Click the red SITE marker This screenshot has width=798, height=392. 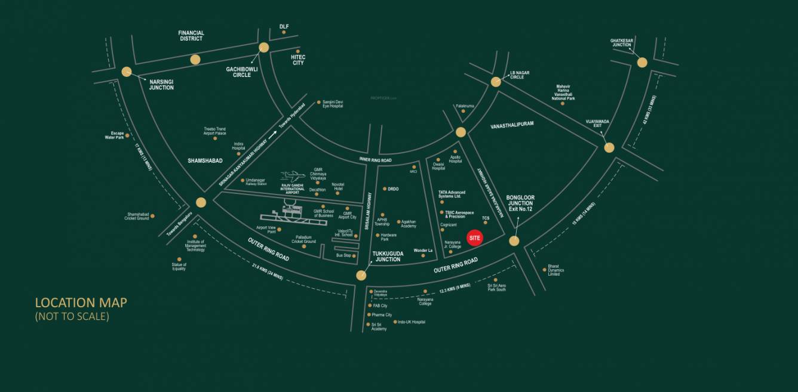(x=475, y=237)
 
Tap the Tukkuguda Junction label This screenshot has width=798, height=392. (x=386, y=256)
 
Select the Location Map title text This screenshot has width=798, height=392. (x=81, y=303)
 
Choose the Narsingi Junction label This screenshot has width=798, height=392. (x=161, y=84)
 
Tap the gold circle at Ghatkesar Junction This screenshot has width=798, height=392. (x=642, y=62)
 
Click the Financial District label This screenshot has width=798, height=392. (x=191, y=36)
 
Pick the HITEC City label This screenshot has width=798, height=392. (x=297, y=60)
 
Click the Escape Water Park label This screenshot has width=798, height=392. (x=113, y=135)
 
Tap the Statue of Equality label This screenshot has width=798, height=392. (x=179, y=266)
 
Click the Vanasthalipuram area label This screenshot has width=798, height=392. (x=511, y=125)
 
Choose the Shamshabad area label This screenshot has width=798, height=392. (x=205, y=160)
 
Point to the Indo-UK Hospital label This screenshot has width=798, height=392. (x=412, y=322)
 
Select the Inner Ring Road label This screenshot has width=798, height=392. (x=375, y=160)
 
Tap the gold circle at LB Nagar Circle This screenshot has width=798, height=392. (x=496, y=82)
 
